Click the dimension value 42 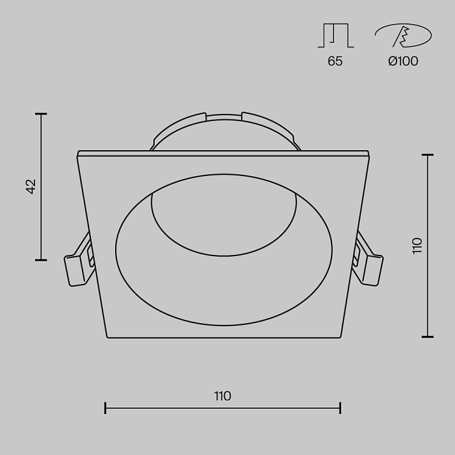(x=31, y=187)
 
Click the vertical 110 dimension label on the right (x=417, y=246)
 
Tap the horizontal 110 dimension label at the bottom (x=222, y=396)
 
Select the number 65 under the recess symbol (x=335, y=62)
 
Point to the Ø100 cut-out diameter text (x=403, y=62)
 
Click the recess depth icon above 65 (x=335, y=36)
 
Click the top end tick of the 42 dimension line (x=41, y=114)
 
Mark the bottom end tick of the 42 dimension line (x=41, y=260)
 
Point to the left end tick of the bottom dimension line (x=105, y=408)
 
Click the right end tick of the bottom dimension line (x=341, y=408)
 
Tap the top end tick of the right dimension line (x=427, y=155)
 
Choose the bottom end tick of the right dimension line (x=427, y=337)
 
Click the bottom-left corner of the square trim (x=107, y=337)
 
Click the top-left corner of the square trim (x=78, y=153)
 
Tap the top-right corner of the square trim (x=369, y=153)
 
